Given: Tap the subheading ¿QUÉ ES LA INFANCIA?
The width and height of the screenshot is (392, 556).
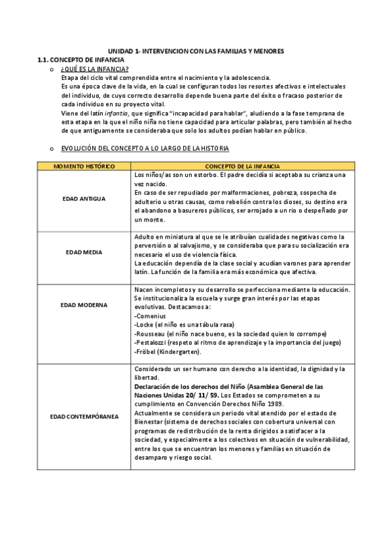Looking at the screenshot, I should click(94, 69).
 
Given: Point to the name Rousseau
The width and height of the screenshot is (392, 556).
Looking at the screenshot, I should click(149, 333).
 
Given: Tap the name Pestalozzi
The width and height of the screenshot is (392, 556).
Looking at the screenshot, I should click(151, 342).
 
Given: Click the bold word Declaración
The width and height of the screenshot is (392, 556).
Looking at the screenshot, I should click(152, 387).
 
